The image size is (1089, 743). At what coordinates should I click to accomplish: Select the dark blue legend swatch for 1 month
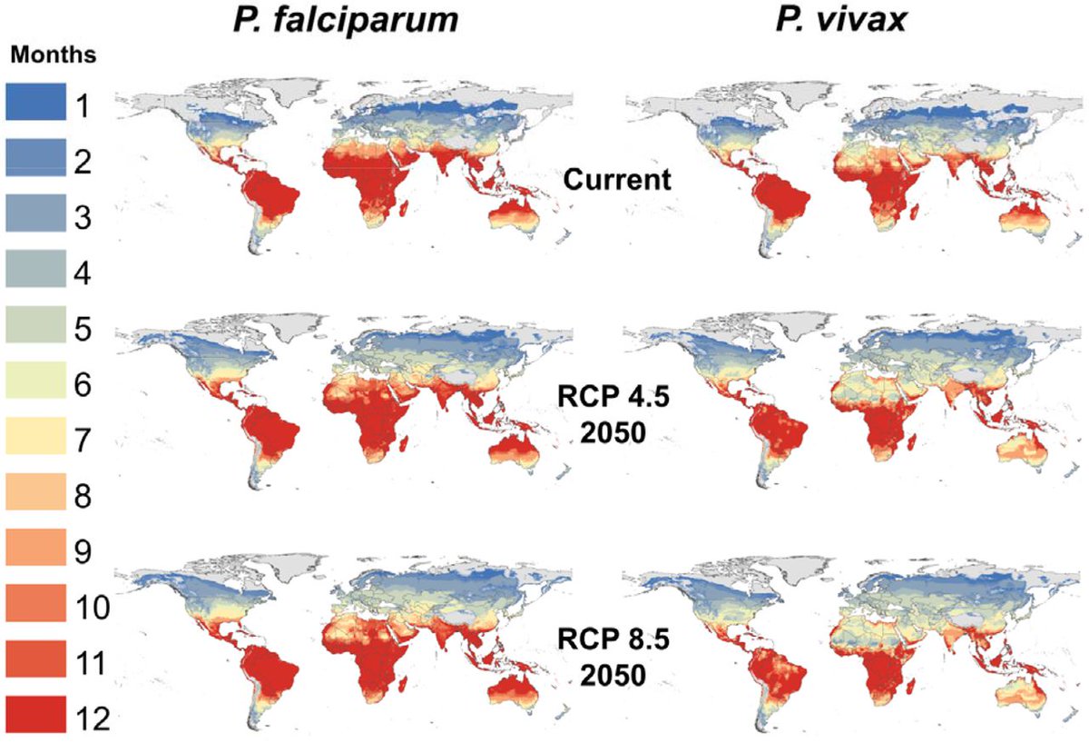pyautogui.click(x=36, y=101)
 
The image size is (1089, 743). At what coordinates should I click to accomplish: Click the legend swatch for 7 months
pyautogui.click(x=36, y=437)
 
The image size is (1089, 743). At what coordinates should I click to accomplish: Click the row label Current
pyautogui.click(x=617, y=179)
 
